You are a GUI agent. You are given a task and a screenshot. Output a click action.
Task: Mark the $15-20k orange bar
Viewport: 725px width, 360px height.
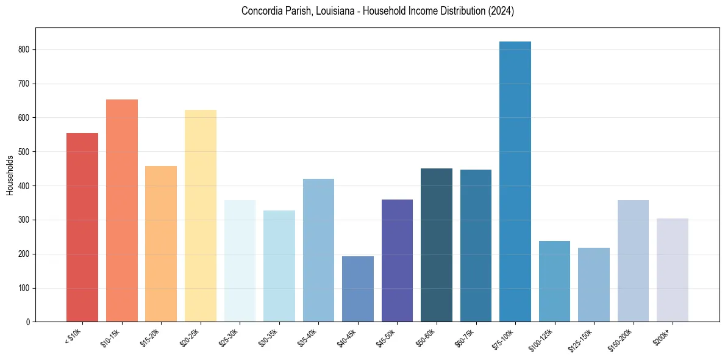tap(161, 243)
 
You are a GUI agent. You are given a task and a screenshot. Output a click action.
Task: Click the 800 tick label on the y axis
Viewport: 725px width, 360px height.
tap(25, 49)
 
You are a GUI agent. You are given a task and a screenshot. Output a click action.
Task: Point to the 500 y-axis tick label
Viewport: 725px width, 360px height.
tap(25, 152)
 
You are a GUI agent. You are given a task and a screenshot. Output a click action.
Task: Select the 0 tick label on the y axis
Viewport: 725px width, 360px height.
tap(29, 322)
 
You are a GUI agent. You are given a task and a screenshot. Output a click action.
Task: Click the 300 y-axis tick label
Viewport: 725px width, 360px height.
tap(25, 220)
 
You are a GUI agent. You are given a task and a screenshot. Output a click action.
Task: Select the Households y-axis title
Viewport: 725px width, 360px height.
tap(10, 175)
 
